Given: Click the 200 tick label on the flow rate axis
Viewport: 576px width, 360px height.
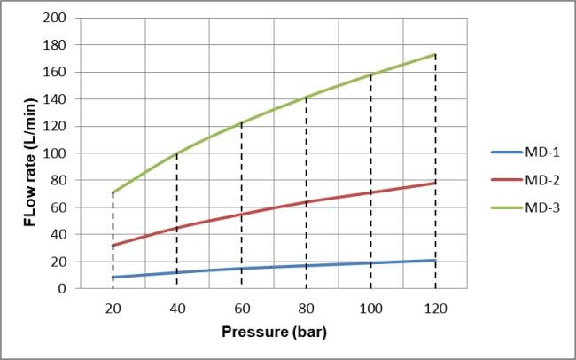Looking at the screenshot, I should (54, 18).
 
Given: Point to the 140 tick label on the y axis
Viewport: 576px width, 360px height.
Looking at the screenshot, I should (54, 99).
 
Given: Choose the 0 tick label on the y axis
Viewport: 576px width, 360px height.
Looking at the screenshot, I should (61, 289).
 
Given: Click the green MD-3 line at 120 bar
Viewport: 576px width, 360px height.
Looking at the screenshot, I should (434, 54).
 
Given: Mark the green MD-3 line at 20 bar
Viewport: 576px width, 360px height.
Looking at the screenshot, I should (113, 192).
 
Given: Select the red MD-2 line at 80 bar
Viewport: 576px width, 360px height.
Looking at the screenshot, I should (306, 202).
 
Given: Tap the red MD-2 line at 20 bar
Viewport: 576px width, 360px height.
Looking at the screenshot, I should (113, 246).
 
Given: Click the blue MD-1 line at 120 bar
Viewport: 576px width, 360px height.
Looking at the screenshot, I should (434, 261).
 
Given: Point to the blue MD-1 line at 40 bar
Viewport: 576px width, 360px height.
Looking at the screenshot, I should (177, 272).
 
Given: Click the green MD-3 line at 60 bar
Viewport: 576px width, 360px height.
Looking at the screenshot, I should (241, 122).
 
